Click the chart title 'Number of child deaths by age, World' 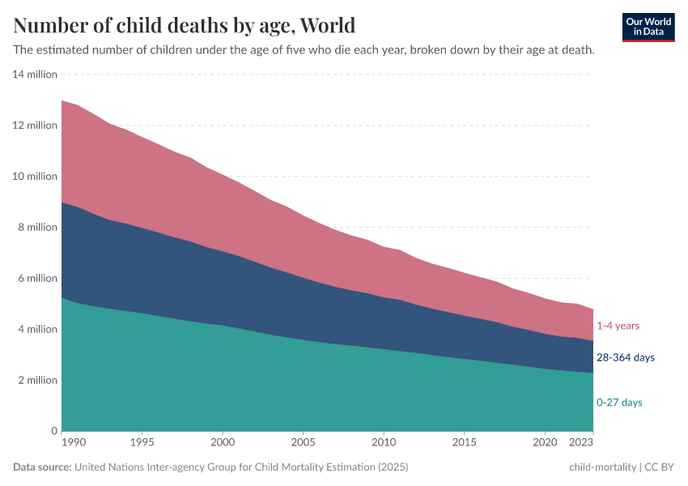point(184,25)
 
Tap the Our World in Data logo point(648,27)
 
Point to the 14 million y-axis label point(35,75)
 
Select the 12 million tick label point(35,126)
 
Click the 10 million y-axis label point(35,177)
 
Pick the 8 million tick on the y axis point(37,228)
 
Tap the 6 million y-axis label point(37,279)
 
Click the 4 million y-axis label point(37,330)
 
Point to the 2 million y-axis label point(37,381)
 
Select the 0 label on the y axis point(53,432)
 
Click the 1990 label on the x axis point(73,444)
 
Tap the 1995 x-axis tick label point(142,444)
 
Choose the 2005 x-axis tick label point(303,444)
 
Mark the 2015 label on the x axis point(464,444)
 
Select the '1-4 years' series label point(618,326)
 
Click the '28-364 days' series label point(626,357)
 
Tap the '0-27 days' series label point(620,403)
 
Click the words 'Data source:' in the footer point(42,467)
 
